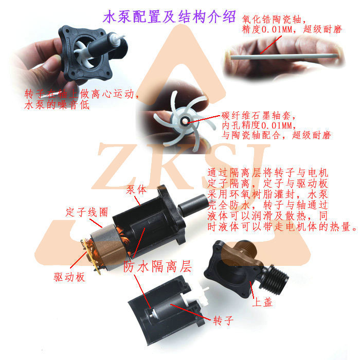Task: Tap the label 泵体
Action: [135, 189]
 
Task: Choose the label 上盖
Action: [262, 302]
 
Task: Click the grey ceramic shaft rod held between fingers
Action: [283, 56]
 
